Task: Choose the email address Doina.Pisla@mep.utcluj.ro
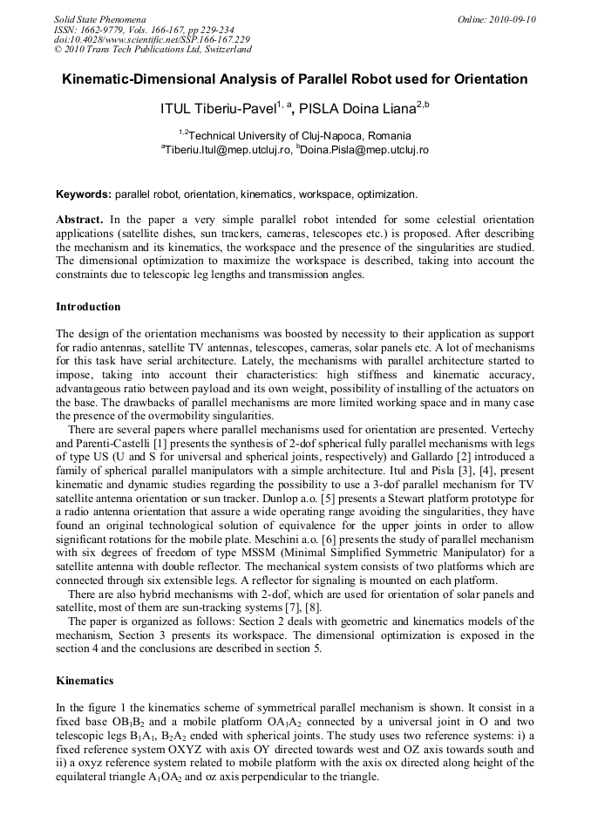click(x=365, y=150)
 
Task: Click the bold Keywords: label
click(x=84, y=194)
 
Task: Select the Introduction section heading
click(x=88, y=307)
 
